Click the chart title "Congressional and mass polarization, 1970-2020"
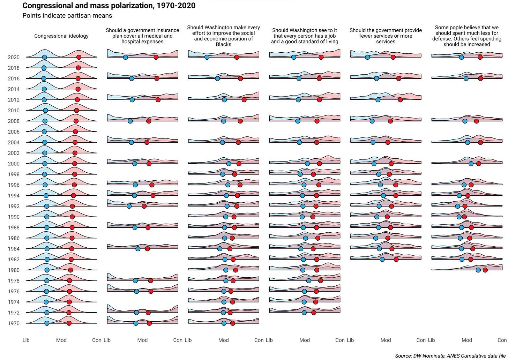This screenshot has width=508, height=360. [109, 6]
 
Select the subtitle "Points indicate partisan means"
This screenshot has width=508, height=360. [67, 16]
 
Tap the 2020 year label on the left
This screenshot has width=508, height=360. [14, 57]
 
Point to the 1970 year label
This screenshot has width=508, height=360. [14, 323]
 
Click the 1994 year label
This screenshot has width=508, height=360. [14, 196]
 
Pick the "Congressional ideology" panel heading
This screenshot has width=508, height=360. [61, 36]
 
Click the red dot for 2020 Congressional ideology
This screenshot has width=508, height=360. [79, 57]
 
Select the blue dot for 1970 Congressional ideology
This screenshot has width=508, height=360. [47, 323]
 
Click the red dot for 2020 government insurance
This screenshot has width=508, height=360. [156, 57]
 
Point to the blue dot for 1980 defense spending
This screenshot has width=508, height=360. [478, 270]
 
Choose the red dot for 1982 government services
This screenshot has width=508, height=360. [396, 259]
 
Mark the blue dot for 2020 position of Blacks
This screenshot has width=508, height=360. [207, 57]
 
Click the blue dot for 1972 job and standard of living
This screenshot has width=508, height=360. [304, 313]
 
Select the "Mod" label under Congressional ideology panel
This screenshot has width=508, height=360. [61, 340]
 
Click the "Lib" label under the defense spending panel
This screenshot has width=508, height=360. [432, 340]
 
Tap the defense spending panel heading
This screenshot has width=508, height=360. [467, 36]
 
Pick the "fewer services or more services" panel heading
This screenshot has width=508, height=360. [386, 36]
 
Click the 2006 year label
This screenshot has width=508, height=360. [14, 132]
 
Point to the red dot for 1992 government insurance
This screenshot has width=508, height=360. [144, 206]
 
